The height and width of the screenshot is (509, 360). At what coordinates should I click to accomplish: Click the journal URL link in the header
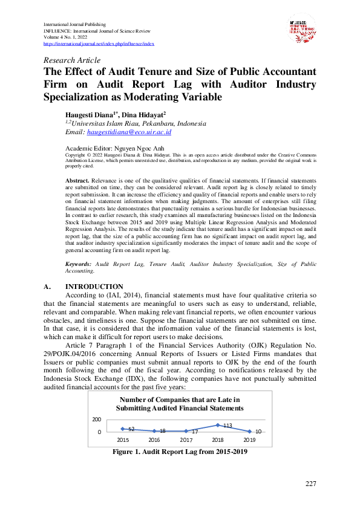tap(99, 44)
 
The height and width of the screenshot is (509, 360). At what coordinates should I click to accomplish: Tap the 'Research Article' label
tap(72, 60)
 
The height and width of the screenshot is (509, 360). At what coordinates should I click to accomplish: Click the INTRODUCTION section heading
tap(94, 287)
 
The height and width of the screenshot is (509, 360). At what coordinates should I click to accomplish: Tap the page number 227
tap(311, 484)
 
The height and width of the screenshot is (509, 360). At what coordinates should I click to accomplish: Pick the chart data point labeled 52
tap(123, 429)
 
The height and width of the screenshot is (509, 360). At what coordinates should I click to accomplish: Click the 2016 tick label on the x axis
tap(154, 440)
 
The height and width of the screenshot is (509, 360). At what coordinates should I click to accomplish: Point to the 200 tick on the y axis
tap(97, 419)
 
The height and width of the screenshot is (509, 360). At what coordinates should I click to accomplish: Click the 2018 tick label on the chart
tap(218, 440)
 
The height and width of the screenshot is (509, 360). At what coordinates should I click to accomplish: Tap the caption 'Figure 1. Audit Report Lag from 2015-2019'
tap(180, 452)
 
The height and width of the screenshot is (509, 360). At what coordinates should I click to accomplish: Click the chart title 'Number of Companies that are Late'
tap(180, 400)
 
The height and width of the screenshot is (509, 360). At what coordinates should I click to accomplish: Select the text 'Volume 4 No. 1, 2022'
tap(68, 37)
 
